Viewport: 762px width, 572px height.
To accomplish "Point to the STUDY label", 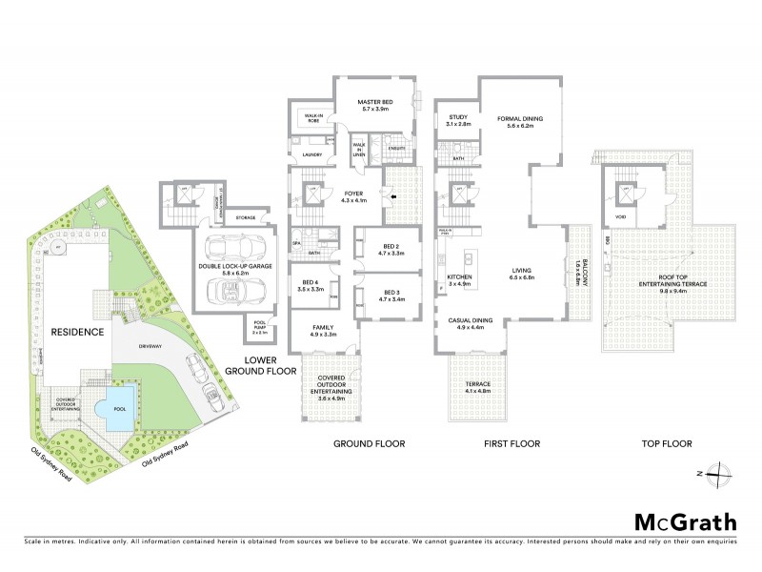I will tap(458, 119).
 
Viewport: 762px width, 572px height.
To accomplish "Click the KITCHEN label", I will tap(459, 278).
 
